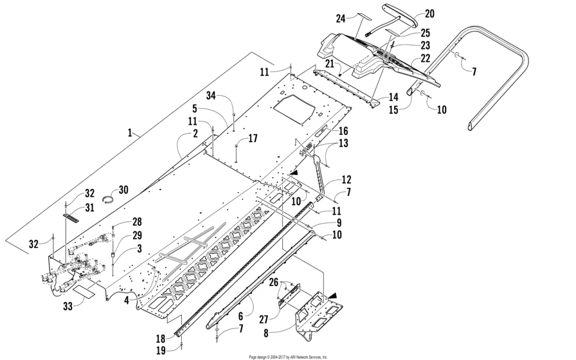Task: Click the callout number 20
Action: (x=429, y=14)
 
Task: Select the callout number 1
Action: (x=130, y=132)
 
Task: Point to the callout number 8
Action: (x=266, y=333)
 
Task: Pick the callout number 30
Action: (x=123, y=190)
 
